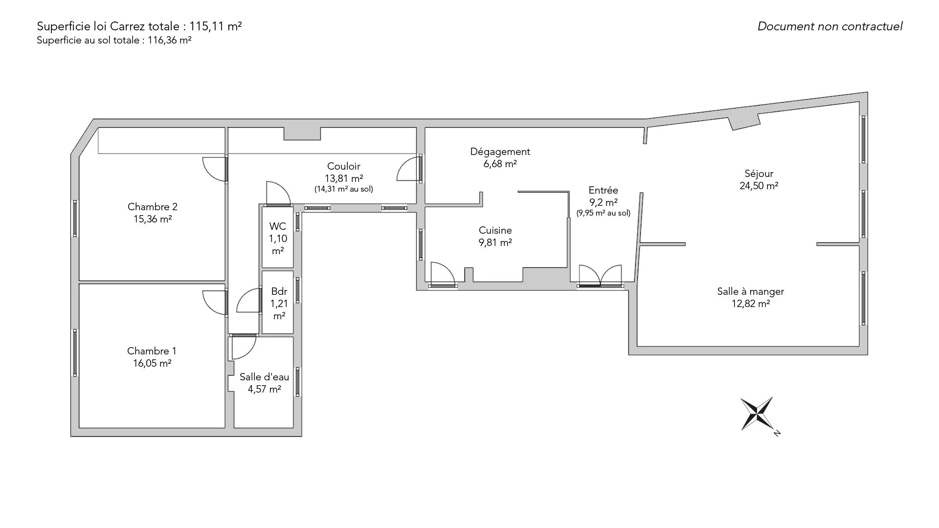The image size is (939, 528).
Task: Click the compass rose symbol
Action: click(x=757, y=414)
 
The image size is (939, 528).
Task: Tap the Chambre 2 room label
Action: click(x=152, y=206)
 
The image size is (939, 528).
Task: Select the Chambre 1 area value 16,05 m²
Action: click(x=152, y=363)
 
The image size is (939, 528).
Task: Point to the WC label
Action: click(x=278, y=226)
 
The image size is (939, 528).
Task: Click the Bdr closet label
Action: click(x=279, y=292)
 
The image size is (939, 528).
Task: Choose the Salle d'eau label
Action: click(x=264, y=377)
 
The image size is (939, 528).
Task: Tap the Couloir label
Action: click(x=344, y=166)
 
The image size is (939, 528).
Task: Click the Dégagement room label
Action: click(x=500, y=152)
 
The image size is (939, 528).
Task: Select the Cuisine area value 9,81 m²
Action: click(x=495, y=242)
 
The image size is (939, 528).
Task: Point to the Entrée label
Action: click(x=604, y=190)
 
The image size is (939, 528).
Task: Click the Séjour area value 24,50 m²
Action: click(x=759, y=186)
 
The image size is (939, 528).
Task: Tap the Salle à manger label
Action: click(x=751, y=291)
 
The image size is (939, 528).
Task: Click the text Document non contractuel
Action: click(x=830, y=26)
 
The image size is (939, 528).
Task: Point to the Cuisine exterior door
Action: click(x=443, y=274)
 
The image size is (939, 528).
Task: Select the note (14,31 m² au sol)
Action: click(x=344, y=189)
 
